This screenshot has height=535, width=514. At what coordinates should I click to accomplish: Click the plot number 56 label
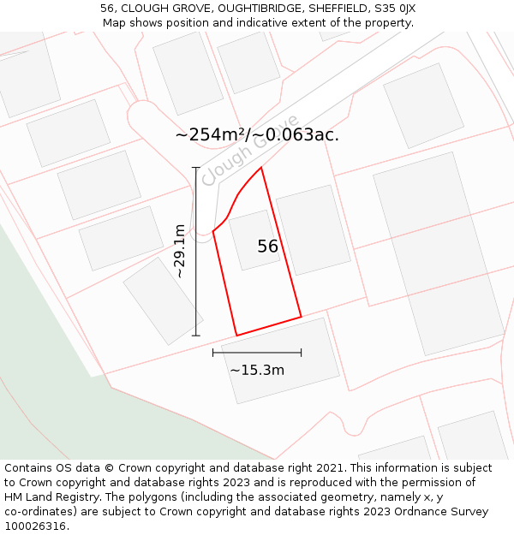pyautogui.click(x=267, y=247)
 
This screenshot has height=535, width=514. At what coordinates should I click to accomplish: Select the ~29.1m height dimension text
pyautogui.click(x=180, y=252)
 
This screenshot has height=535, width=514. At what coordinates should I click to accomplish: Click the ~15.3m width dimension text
pyautogui.click(x=257, y=371)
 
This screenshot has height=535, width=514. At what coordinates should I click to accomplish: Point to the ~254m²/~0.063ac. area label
pyautogui.click(x=257, y=134)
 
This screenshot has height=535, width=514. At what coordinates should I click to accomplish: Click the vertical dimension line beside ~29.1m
pyautogui.click(x=196, y=252)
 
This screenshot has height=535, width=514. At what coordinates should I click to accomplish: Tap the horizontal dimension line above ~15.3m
pyautogui.click(x=257, y=352)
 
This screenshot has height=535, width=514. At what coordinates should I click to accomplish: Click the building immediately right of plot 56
pyautogui.click(x=313, y=229)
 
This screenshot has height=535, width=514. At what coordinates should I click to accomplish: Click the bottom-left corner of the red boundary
pyautogui.click(x=236, y=336)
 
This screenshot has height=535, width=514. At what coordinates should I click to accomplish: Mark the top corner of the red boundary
pyautogui.click(x=261, y=167)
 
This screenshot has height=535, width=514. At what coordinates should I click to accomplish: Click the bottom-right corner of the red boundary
pyautogui.click(x=302, y=317)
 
